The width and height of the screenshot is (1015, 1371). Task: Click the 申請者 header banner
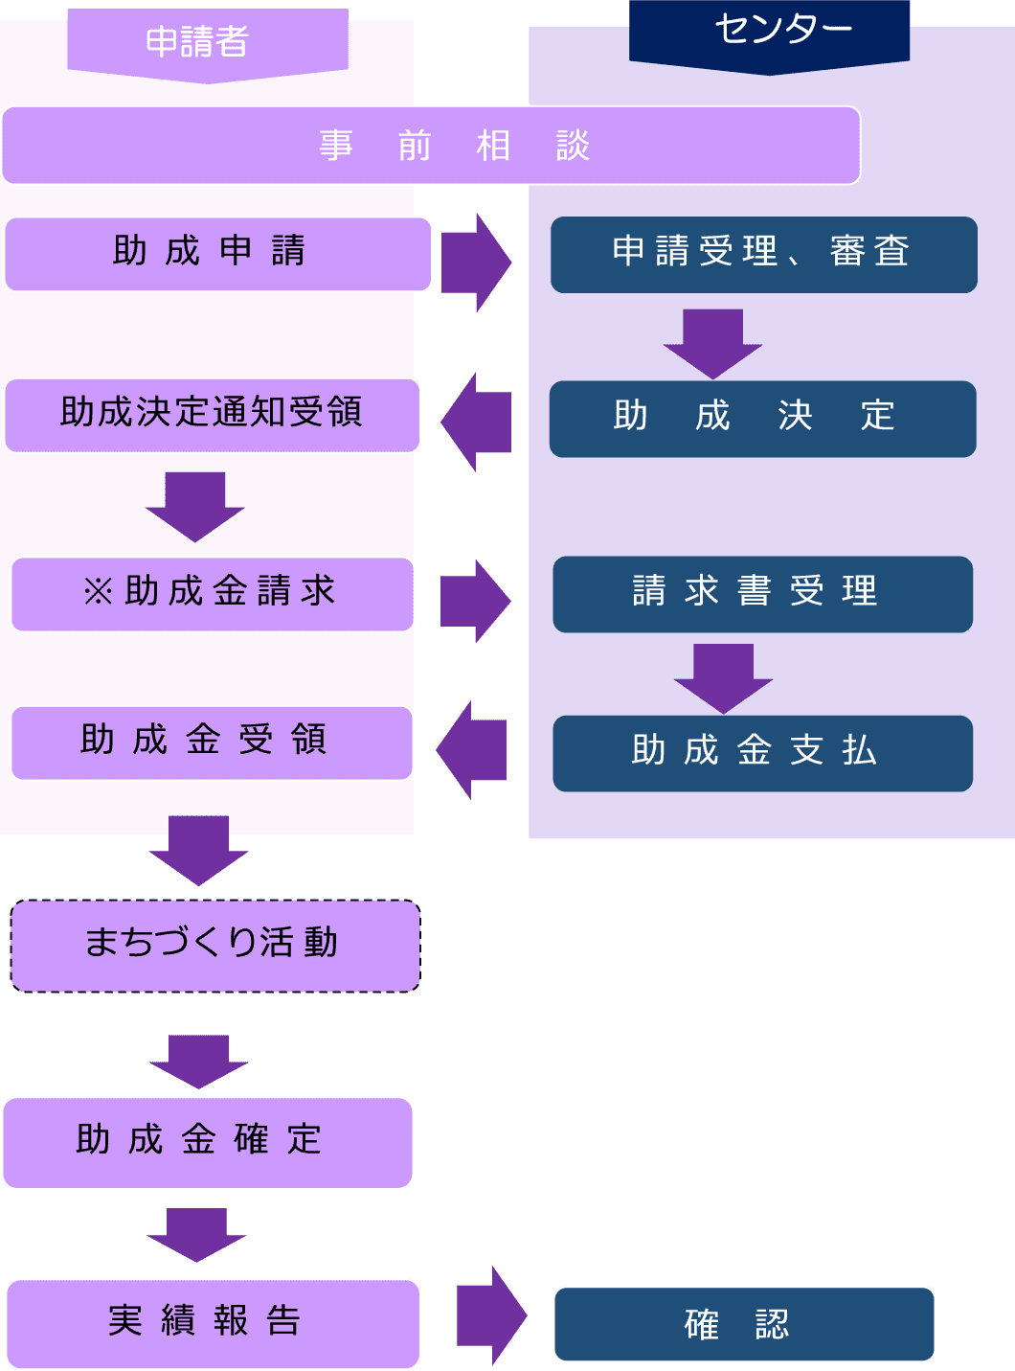[207, 42]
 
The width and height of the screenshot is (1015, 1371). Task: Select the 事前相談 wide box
[431, 146]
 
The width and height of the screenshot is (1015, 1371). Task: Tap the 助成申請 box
[218, 253]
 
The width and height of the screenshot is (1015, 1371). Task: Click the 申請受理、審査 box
[763, 254]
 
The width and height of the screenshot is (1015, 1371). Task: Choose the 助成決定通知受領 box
[213, 414]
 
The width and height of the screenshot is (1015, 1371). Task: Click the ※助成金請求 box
[213, 593]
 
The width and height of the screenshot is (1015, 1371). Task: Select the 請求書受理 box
[762, 593]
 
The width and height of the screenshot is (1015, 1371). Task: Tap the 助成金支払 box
[762, 752]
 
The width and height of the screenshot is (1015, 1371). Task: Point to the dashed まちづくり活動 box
[215, 945]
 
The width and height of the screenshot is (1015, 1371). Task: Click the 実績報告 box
[213, 1323]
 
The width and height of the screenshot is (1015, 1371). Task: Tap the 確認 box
[744, 1324]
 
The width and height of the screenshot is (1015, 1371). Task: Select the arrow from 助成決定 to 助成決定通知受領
[475, 422]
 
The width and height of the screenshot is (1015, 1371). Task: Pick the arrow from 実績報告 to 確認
[491, 1315]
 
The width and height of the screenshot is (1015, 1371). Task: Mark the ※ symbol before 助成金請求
[99, 592]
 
